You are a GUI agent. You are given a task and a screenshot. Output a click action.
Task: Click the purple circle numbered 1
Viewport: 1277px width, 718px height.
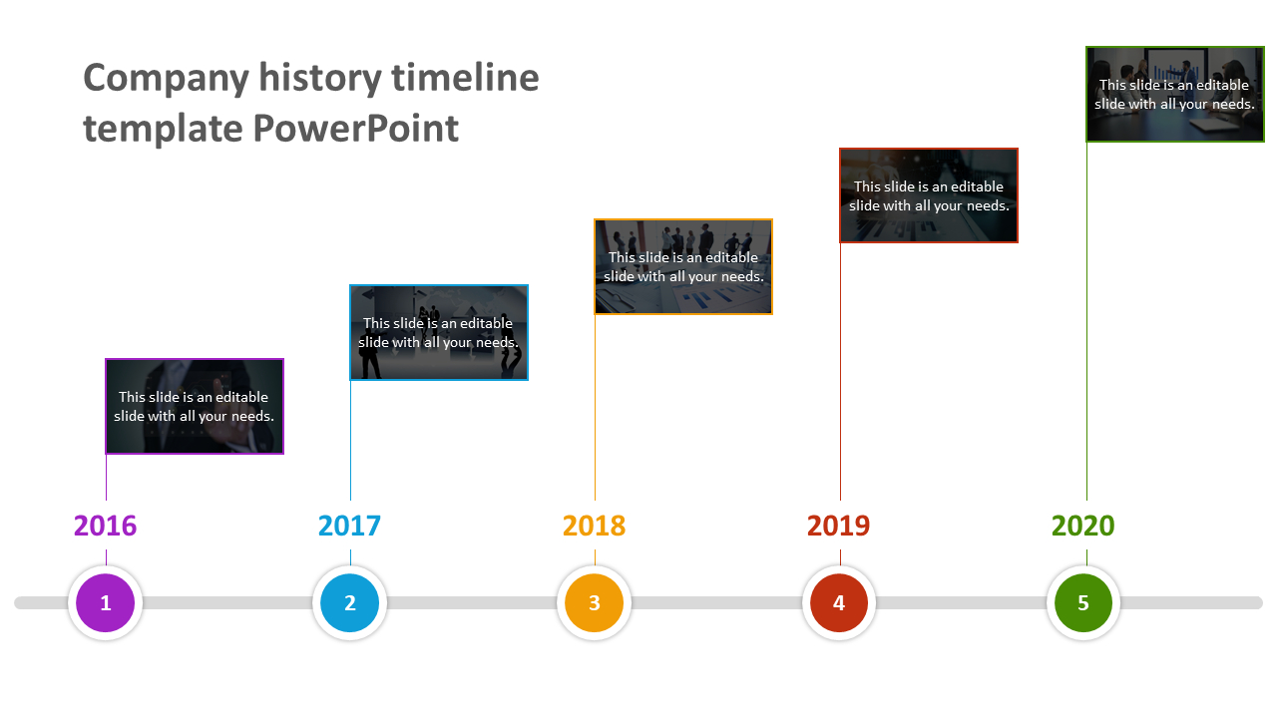pos(106,602)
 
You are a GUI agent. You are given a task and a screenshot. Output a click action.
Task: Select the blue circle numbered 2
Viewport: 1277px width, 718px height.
pos(350,602)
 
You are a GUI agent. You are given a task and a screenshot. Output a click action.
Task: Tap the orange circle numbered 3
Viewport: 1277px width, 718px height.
pos(595,602)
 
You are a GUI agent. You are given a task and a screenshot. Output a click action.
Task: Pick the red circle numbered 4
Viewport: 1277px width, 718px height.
pos(839,602)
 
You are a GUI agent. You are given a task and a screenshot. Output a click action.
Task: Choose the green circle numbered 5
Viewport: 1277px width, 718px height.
pos(1083,602)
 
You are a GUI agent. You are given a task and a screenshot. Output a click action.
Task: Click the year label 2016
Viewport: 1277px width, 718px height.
pos(106,526)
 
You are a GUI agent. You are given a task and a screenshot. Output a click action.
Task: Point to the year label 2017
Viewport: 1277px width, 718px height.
pos(349,526)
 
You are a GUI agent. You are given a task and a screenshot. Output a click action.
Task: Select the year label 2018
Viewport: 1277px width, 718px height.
pos(594,526)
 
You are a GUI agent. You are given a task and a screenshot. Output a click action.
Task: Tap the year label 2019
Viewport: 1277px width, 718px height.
pos(838,526)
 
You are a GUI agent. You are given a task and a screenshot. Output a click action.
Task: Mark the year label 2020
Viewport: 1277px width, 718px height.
pos(1083,526)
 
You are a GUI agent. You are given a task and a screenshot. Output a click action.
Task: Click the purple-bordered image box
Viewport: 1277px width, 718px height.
pos(195,406)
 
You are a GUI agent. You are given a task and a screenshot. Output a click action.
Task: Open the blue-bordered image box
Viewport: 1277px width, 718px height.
pos(439,332)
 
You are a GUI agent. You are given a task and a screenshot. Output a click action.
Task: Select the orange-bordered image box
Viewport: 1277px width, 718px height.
pos(683,266)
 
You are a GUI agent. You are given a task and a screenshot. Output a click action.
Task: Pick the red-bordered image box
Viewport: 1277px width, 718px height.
pos(929,195)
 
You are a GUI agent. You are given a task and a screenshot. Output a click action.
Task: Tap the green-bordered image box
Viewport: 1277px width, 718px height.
pos(1175,94)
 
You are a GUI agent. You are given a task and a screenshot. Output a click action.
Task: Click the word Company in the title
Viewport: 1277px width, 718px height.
pos(166,79)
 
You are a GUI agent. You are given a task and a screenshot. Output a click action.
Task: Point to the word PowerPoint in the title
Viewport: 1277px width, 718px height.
pos(356,129)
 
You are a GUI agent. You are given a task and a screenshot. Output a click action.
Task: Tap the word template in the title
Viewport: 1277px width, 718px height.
pos(164,129)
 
